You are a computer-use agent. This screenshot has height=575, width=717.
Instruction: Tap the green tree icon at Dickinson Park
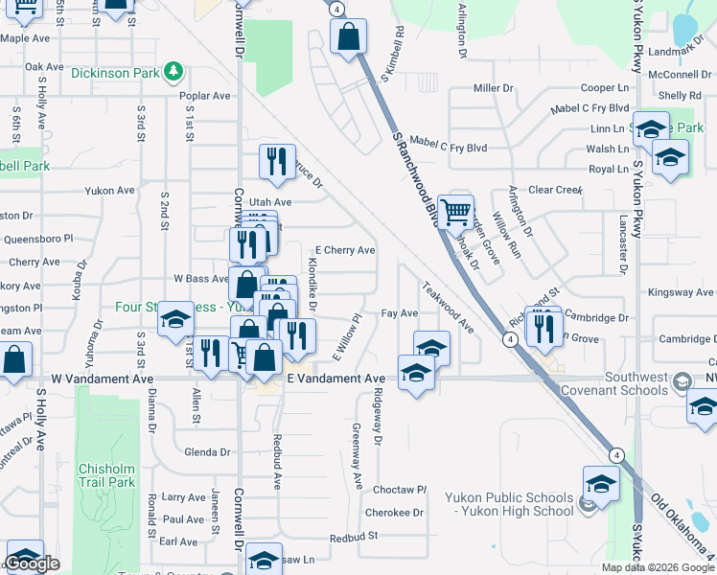pyautogui.click(x=173, y=71)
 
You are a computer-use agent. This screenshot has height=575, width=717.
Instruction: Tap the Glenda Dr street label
pyautogui.click(x=207, y=452)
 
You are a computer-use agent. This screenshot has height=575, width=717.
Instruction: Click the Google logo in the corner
pyautogui.click(x=34, y=564)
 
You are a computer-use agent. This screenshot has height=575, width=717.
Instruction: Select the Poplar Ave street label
pyautogui.click(x=205, y=96)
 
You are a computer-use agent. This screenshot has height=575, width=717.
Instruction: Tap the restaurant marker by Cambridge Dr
pyautogui.click(x=545, y=327)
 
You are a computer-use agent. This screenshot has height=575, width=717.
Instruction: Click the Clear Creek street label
pyautogui.click(x=555, y=190)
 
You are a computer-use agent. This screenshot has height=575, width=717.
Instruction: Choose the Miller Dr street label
pyautogui.click(x=494, y=88)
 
